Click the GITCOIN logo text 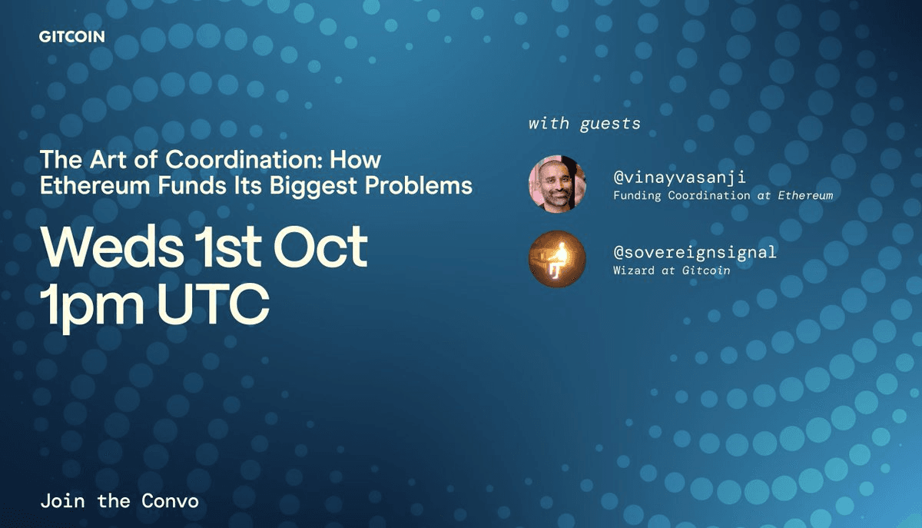(x=72, y=37)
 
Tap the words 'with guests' (x=585, y=124)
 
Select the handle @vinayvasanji (x=679, y=178)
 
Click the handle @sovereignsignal (x=695, y=252)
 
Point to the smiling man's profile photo (x=557, y=184)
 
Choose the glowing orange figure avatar (x=557, y=259)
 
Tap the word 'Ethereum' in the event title (x=95, y=185)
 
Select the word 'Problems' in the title (x=419, y=185)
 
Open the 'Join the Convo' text (x=119, y=501)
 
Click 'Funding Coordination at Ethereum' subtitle (x=723, y=195)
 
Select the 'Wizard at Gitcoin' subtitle (x=672, y=271)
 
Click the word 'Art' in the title (x=108, y=159)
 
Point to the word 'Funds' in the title (x=192, y=185)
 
